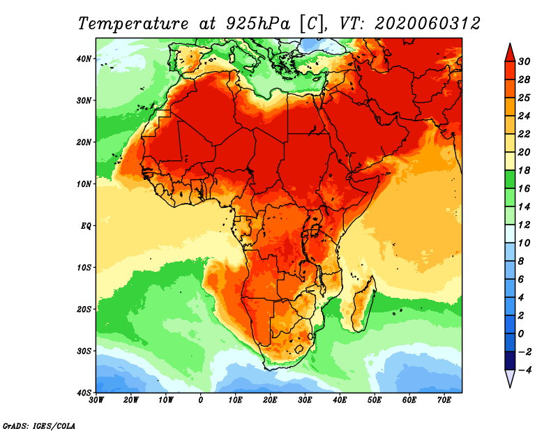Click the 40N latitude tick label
pos(83,59)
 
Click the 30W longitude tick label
pos(97,400)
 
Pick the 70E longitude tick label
pos(444,400)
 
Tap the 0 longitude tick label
pos(201,400)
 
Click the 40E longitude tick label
pos(340,400)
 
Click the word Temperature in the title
pos(133,23)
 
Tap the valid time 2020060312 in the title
pos(427,23)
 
